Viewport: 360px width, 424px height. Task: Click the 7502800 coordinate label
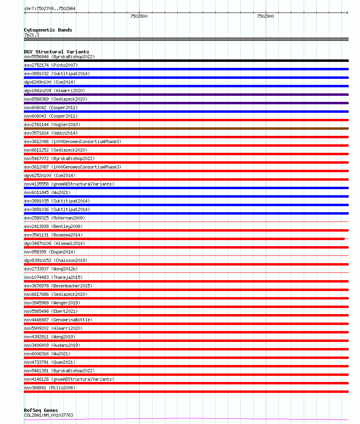point(139,16)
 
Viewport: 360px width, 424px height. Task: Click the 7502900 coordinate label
point(265,16)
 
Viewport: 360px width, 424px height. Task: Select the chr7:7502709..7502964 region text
point(50,8)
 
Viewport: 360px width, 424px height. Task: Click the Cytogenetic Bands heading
point(48,30)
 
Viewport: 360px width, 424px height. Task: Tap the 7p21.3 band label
point(32,35)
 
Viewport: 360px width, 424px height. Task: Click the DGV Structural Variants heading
point(56,52)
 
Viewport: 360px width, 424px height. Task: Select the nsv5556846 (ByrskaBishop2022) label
point(59,57)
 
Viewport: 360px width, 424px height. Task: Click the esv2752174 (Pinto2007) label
point(51,65)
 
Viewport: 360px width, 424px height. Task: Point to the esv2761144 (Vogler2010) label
point(52,124)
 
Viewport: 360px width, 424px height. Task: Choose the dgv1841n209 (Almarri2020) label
point(55,91)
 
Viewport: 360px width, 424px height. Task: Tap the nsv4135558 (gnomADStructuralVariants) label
point(69,184)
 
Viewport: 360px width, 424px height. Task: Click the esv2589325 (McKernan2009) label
point(55,218)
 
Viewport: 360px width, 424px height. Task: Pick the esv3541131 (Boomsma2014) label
point(53,235)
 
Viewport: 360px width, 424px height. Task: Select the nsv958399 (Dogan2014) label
point(49,252)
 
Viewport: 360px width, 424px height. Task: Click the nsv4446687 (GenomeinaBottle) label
point(58,320)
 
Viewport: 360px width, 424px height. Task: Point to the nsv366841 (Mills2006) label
point(49,388)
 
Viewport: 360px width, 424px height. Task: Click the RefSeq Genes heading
point(41,410)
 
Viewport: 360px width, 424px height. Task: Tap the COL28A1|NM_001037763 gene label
point(49,415)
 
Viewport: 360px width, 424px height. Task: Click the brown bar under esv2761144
point(186,129)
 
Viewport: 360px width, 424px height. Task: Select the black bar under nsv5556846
point(186,61)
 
